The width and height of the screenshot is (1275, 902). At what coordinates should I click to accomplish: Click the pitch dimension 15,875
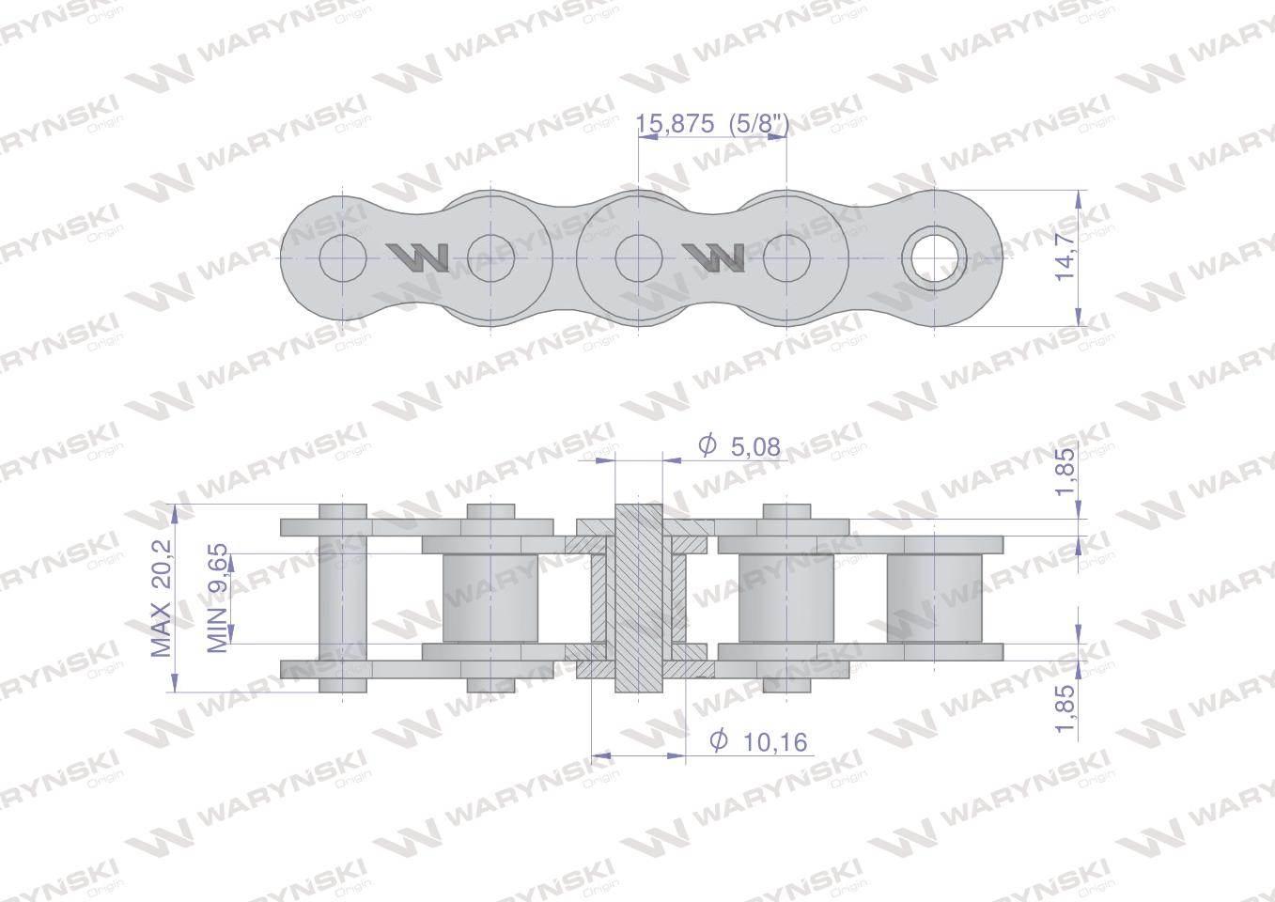tap(675, 123)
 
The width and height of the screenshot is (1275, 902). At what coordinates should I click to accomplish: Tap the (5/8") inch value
tap(759, 124)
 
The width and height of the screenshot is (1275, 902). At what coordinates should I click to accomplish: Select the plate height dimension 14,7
tap(1065, 258)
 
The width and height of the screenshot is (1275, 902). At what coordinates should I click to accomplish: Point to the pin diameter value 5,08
tap(754, 447)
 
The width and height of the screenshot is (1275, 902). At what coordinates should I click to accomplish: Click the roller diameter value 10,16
tap(775, 741)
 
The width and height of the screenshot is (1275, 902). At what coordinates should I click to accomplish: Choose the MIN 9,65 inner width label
tap(217, 599)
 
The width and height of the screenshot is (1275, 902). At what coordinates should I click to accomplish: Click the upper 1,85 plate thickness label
tap(1065, 472)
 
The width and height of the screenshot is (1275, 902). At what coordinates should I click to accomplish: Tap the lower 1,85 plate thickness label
tap(1065, 708)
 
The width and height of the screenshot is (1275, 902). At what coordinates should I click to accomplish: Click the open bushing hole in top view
tap(934, 257)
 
